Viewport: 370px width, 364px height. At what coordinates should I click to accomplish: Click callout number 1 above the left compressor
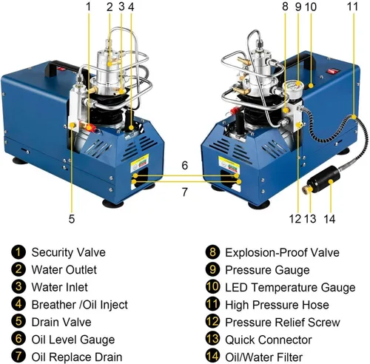tap(88, 7)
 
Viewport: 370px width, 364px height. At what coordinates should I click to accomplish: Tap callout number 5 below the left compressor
tap(72, 219)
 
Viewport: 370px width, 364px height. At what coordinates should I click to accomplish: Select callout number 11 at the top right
tap(352, 7)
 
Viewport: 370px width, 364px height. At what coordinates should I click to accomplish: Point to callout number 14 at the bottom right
tap(329, 219)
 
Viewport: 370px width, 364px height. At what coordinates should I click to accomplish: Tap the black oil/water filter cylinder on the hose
tap(324, 180)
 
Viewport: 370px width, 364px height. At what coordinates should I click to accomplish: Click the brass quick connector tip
tap(306, 189)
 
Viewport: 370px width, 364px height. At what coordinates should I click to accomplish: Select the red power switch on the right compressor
tap(332, 71)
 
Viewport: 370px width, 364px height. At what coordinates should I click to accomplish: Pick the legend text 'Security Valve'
tap(69, 252)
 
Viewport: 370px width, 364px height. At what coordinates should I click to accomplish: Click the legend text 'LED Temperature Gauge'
tap(290, 287)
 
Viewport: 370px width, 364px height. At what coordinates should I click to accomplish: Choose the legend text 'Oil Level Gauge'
tap(73, 340)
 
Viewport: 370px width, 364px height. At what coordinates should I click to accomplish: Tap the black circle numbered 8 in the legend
tap(212, 252)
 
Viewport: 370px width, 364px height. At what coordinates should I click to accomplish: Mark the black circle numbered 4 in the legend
tap(18, 304)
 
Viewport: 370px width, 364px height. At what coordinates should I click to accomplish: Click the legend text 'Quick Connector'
tap(269, 340)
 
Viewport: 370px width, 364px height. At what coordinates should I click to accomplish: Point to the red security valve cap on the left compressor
tap(91, 127)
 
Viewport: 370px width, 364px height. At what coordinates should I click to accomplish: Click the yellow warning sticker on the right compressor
tap(229, 164)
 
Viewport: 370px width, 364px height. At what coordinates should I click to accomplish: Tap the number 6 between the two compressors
tap(185, 165)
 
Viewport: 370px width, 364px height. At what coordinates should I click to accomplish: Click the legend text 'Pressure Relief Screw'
tap(283, 323)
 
